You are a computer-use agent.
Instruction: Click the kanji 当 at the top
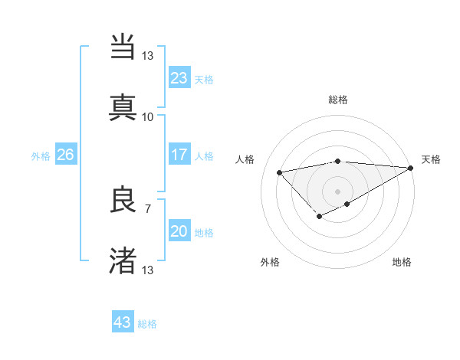click(x=123, y=45)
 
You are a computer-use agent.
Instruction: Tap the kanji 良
click(x=123, y=201)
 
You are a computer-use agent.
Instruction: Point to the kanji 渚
click(x=123, y=260)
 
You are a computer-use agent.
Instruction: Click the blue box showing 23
click(x=179, y=78)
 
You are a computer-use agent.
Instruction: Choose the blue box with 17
click(x=179, y=155)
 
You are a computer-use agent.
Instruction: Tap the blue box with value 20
click(x=179, y=231)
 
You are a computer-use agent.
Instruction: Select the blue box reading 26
click(x=65, y=155)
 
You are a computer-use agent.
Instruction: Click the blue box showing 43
click(x=122, y=322)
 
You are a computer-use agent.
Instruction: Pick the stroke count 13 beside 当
click(x=147, y=56)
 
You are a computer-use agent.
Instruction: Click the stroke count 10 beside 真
click(x=147, y=116)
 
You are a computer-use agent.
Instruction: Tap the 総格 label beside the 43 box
click(x=147, y=324)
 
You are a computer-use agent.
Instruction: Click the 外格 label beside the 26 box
click(x=41, y=155)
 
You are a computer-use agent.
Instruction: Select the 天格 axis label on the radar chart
click(x=431, y=159)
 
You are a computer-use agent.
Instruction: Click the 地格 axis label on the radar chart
click(x=402, y=262)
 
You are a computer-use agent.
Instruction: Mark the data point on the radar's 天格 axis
click(x=411, y=168)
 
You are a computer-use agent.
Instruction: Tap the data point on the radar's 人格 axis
click(x=280, y=172)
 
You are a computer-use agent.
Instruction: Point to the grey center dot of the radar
click(x=338, y=191)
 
